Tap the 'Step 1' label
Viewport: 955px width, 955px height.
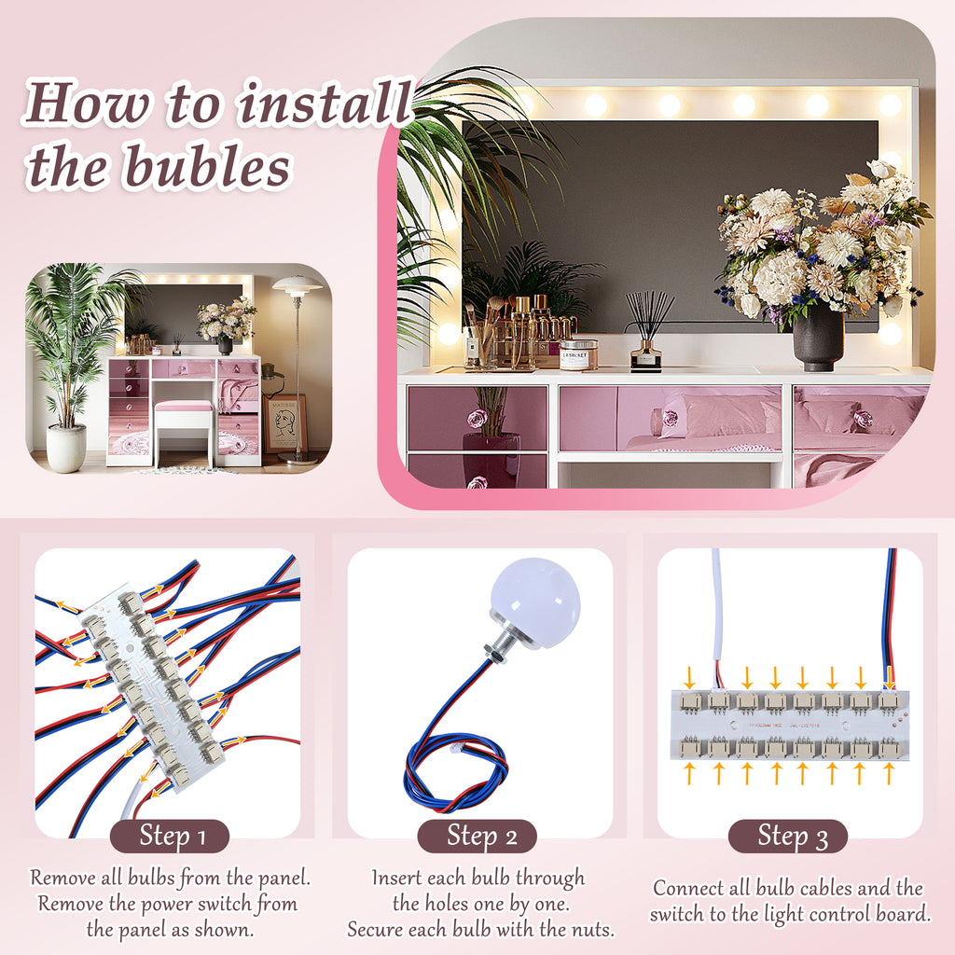[x=170, y=836]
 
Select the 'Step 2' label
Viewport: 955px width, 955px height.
[x=477, y=836]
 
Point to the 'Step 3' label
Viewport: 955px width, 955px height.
[x=788, y=836]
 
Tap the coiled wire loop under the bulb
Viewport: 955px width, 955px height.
[x=455, y=773]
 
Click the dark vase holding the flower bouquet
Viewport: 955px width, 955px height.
[x=818, y=339]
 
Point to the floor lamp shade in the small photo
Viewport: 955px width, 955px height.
[x=298, y=284]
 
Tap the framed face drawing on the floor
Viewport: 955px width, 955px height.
[x=285, y=424]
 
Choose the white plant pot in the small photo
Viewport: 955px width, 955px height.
[x=66, y=449]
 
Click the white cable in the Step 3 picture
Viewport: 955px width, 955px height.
[x=717, y=616]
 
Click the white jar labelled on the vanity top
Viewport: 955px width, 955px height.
[x=578, y=354]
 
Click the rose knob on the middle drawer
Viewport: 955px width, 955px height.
[x=669, y=419]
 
